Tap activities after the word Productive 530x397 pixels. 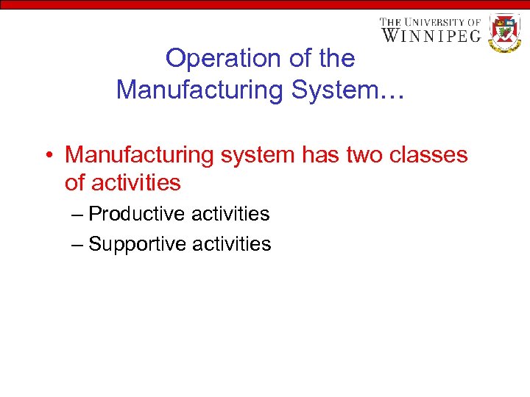(230, 214)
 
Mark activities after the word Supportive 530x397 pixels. (232, 244)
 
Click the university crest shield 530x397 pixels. (505, 32)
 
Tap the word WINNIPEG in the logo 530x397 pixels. (431, 35)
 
